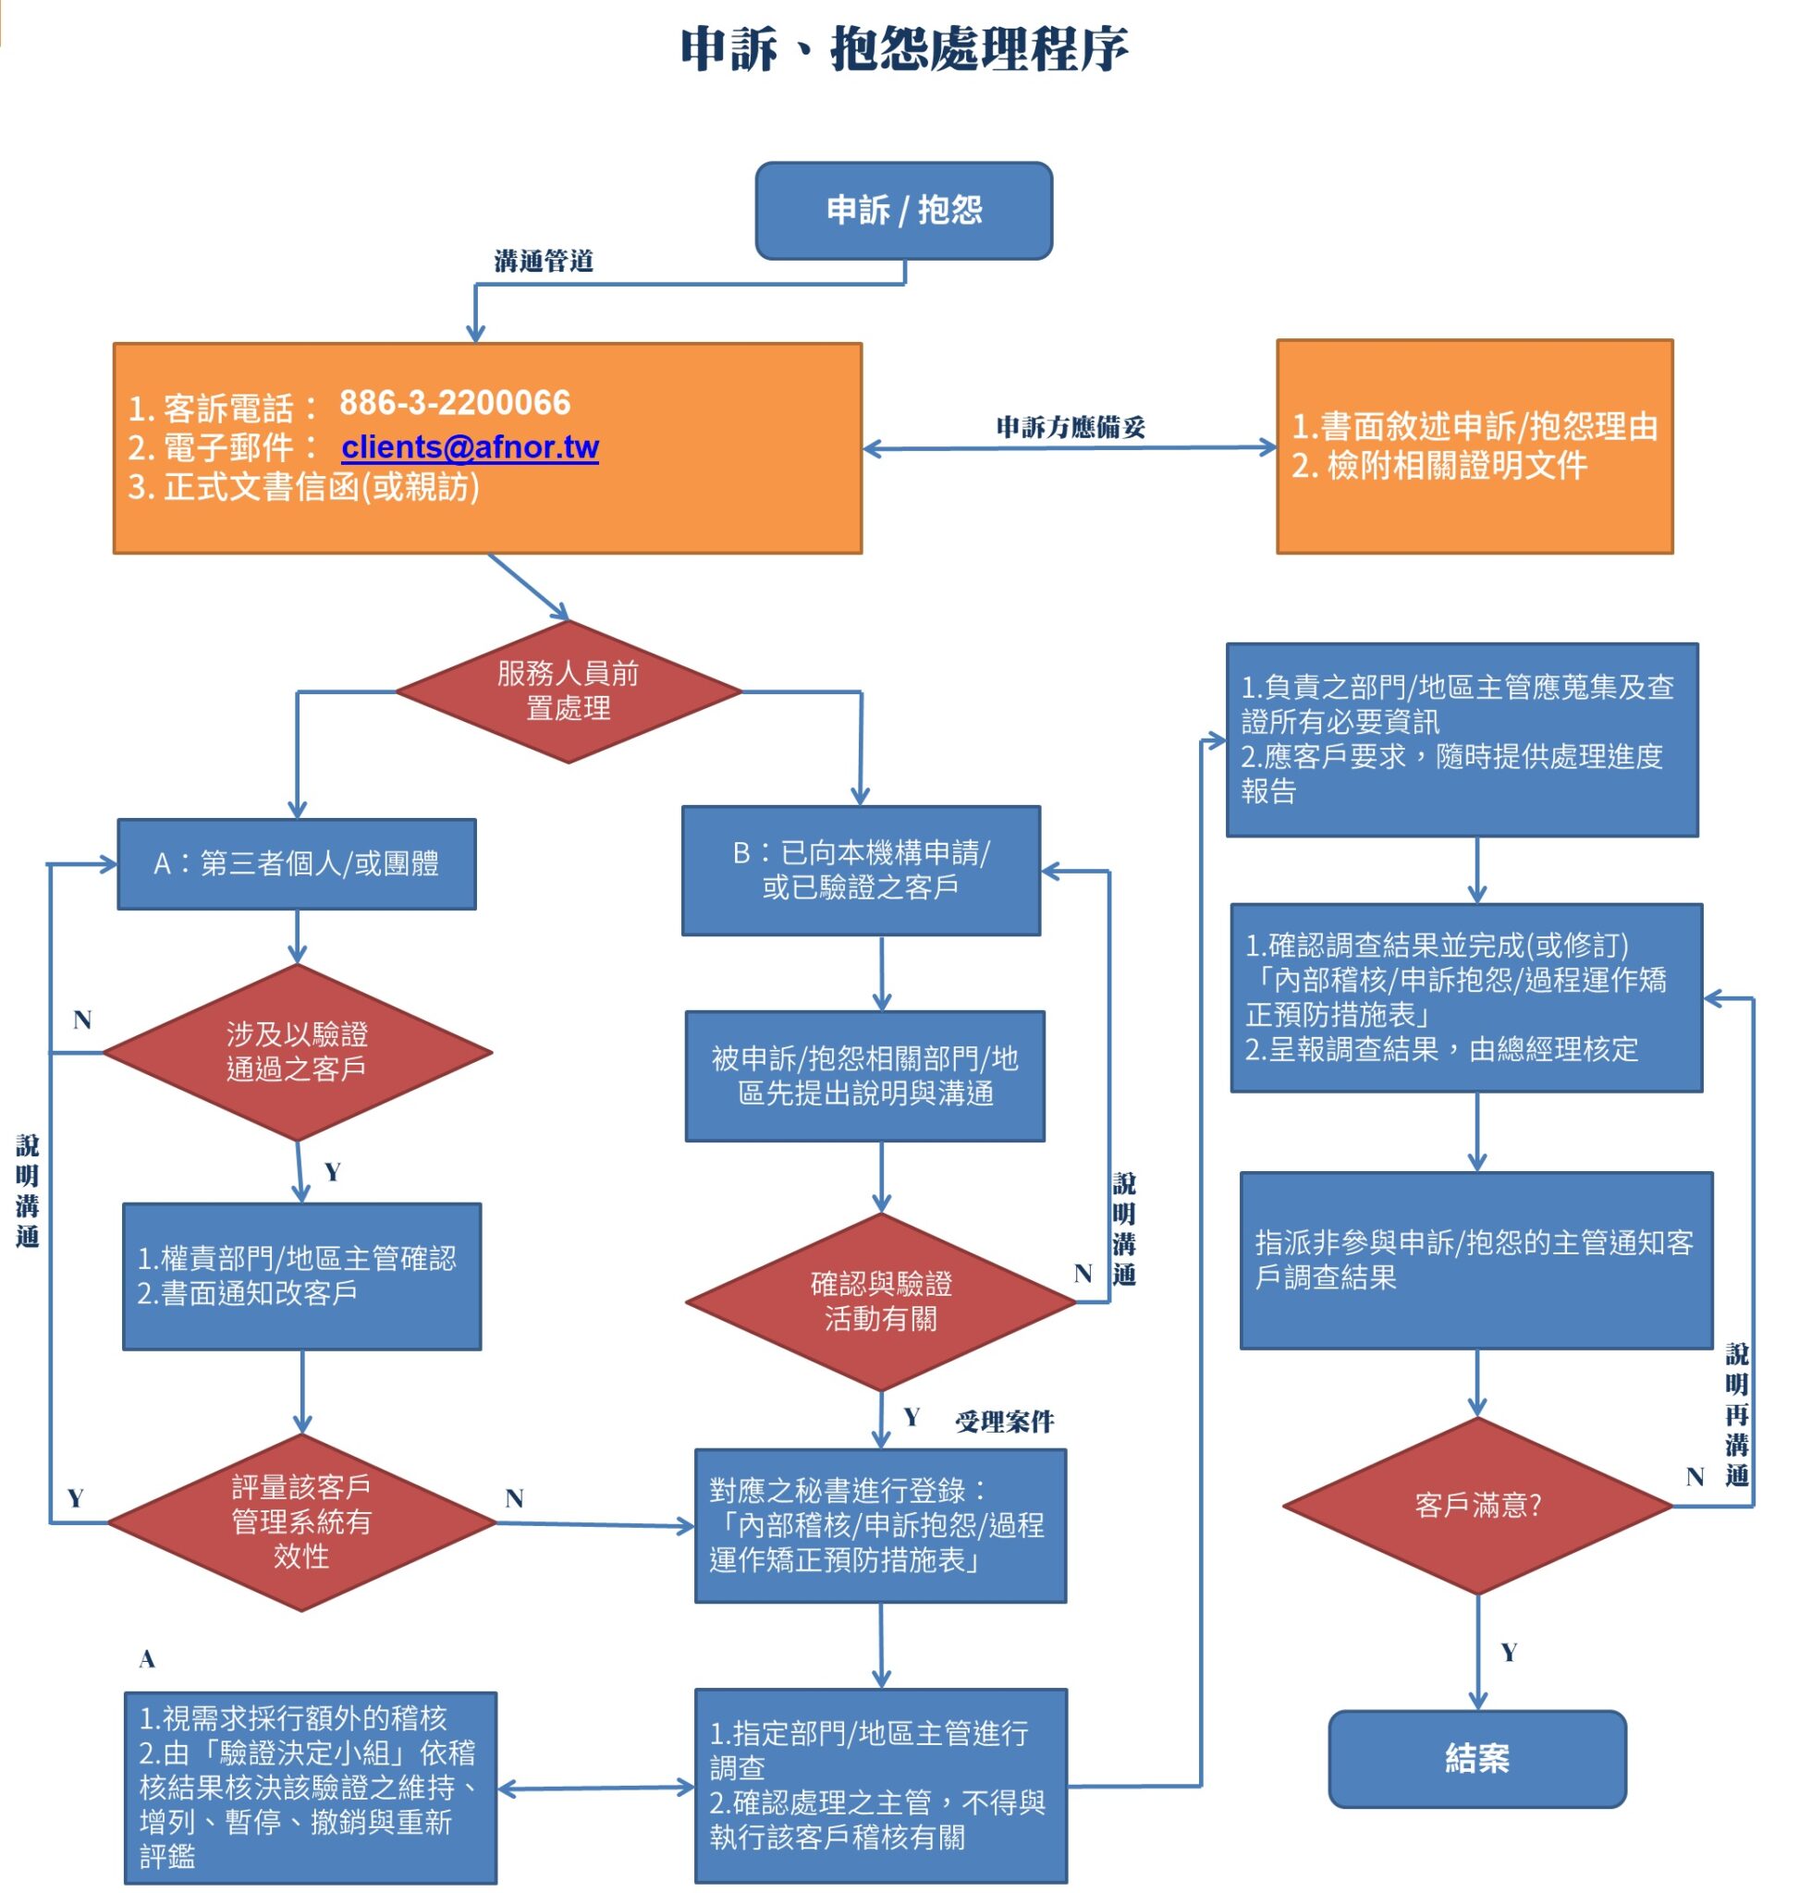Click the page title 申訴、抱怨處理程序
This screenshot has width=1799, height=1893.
[x=903, y=49]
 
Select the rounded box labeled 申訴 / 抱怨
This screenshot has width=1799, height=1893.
[x=903, y=210]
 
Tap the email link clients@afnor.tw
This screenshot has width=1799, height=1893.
[x=470, y=446]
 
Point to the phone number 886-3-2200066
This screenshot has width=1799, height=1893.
[x=455, y=403]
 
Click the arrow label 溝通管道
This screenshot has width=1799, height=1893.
[x=544, y=261]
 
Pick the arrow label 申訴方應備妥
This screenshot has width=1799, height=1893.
[x=1071, y=427]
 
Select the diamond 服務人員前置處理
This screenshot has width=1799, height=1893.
[x=568, y=690]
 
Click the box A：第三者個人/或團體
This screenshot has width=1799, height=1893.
[x=297, y=863]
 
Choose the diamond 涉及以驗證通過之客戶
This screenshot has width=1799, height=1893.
[x=298, y=1051]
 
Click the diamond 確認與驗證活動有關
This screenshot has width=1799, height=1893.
[x=880, y=1301]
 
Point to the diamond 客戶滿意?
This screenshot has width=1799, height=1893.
[x=1476, y=1505]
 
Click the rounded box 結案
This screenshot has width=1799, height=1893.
[x=1476, y=1758]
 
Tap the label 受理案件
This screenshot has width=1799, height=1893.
[x=1004, y=1422]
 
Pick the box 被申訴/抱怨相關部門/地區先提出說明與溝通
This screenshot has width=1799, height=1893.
[x=864, y=1075]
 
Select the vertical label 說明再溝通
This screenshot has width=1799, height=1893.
[x=1737, y=1414]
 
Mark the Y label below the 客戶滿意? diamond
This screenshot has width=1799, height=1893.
[x=1509, y=1652]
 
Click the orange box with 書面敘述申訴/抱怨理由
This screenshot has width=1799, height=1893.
[x=1474, y=446]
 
